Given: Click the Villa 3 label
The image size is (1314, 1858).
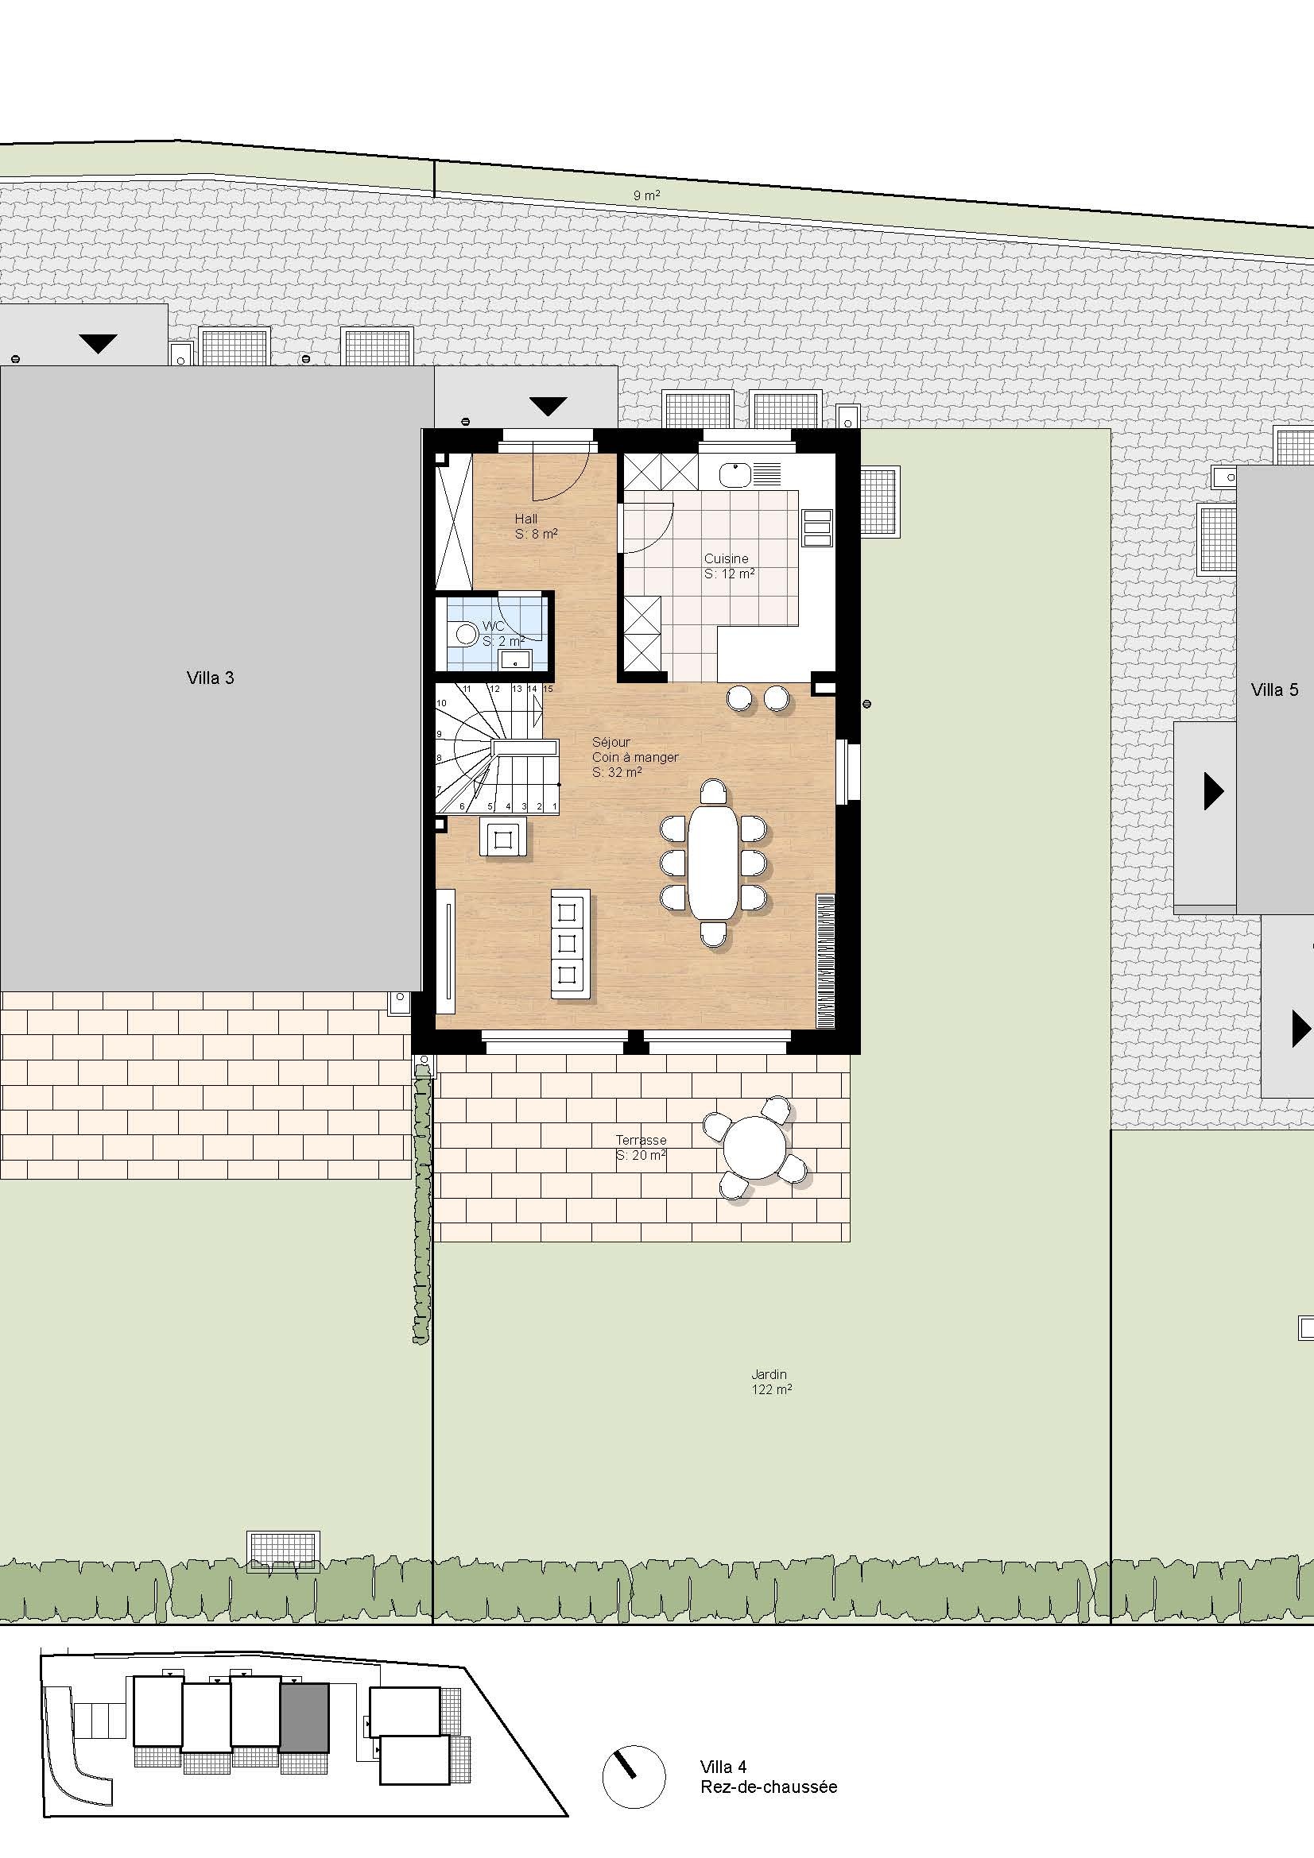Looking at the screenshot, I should tap(211, 678).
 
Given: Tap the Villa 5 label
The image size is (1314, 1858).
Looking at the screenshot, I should tap(1274, 690).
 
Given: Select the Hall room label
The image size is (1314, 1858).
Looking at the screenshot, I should tap(526, 519).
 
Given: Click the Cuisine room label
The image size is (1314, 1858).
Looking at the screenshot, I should tap(727, 558).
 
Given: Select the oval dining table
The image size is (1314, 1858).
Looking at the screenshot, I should tap(713, 862).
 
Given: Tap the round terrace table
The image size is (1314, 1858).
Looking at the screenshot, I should tap(754, 1147).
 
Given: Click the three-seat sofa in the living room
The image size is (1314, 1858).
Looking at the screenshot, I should tap(570, 943).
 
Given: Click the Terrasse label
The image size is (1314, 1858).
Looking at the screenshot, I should tap(641, 1140).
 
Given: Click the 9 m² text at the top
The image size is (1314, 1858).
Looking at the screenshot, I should tap(646, 195).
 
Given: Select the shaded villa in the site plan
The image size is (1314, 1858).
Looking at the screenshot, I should tap(304, 1718).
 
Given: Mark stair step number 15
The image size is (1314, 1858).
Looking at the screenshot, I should tap(548, 689).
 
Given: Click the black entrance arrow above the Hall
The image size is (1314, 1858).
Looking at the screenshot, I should tap(548, 405).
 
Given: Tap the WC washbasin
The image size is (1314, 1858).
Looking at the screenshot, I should tap(514, 659).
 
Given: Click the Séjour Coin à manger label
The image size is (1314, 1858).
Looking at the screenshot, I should tap(634, 757).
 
